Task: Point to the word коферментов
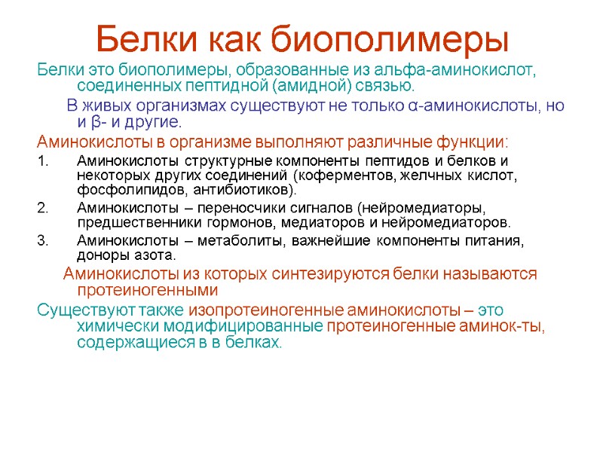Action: click(338, 176)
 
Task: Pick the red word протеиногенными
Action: click(148, 290)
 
